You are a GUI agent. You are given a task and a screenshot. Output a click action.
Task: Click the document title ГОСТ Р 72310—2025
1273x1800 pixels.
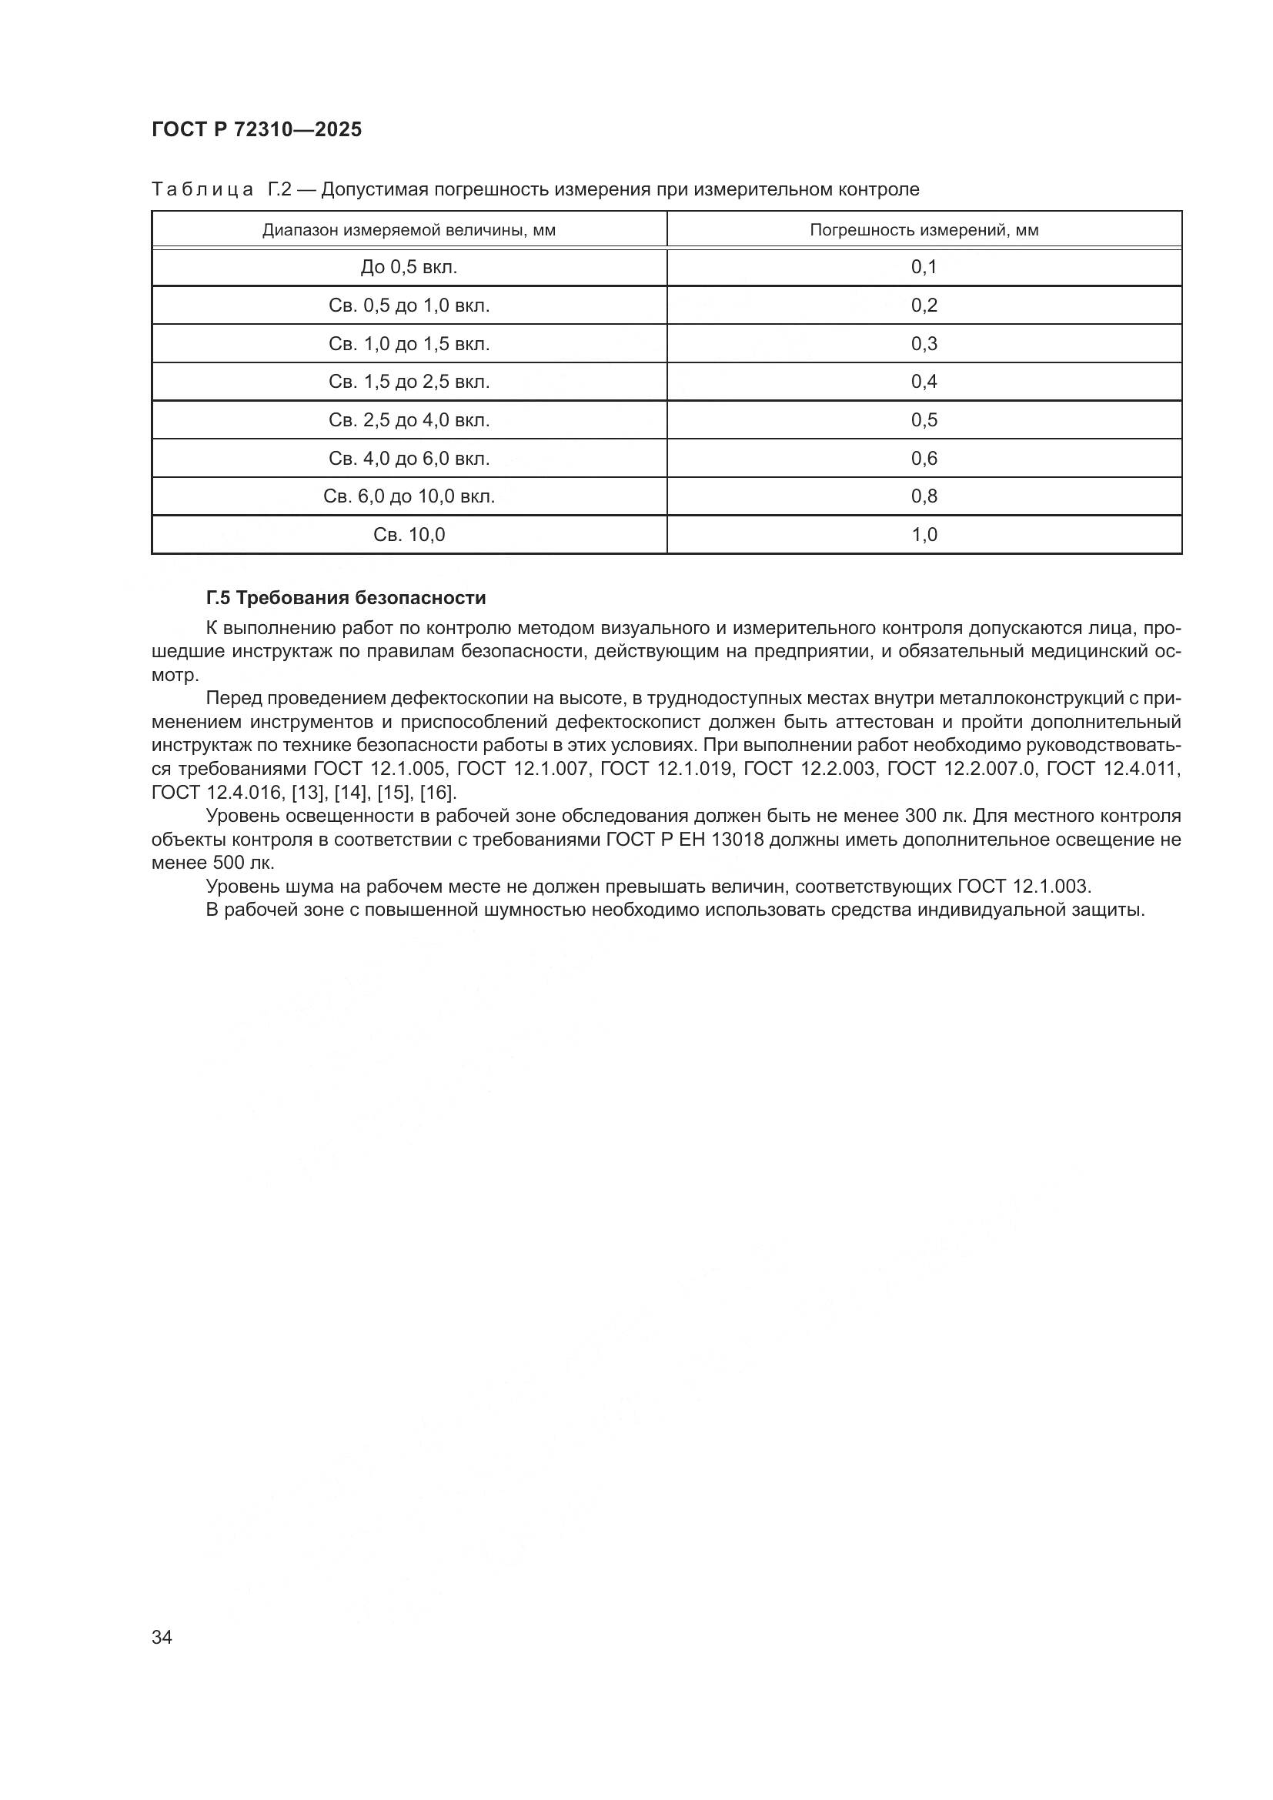[256, 129]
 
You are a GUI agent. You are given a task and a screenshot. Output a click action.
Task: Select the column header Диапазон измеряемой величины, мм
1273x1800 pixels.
[409, 231]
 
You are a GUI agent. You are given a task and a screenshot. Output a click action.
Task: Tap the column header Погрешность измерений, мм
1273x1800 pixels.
[924, 231]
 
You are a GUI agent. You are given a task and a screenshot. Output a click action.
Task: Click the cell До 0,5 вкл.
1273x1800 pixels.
[409, 267]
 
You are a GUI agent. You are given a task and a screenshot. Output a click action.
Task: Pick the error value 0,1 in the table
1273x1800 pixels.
[924, 267]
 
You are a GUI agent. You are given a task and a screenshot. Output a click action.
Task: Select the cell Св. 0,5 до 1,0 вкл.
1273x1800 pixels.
[409, 306]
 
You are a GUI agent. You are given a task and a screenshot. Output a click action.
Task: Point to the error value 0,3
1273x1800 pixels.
[924, 343]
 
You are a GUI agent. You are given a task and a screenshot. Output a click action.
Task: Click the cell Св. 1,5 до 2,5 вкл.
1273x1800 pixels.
[409, 382]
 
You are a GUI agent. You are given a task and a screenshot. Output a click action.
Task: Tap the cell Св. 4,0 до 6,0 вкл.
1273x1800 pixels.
[409, 459]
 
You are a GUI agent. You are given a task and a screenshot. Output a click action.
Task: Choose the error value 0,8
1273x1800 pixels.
[924, 496]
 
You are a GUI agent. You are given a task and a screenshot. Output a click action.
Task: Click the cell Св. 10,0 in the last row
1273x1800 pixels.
[409, 535]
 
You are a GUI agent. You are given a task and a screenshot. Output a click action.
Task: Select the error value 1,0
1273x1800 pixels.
[924, 535]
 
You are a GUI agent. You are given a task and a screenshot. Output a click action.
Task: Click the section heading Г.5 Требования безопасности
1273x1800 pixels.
[346, 598]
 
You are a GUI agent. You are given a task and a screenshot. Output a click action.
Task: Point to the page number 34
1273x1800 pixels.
[162, 1637]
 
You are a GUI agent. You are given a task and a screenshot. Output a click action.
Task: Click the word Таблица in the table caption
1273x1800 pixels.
[202, 190]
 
